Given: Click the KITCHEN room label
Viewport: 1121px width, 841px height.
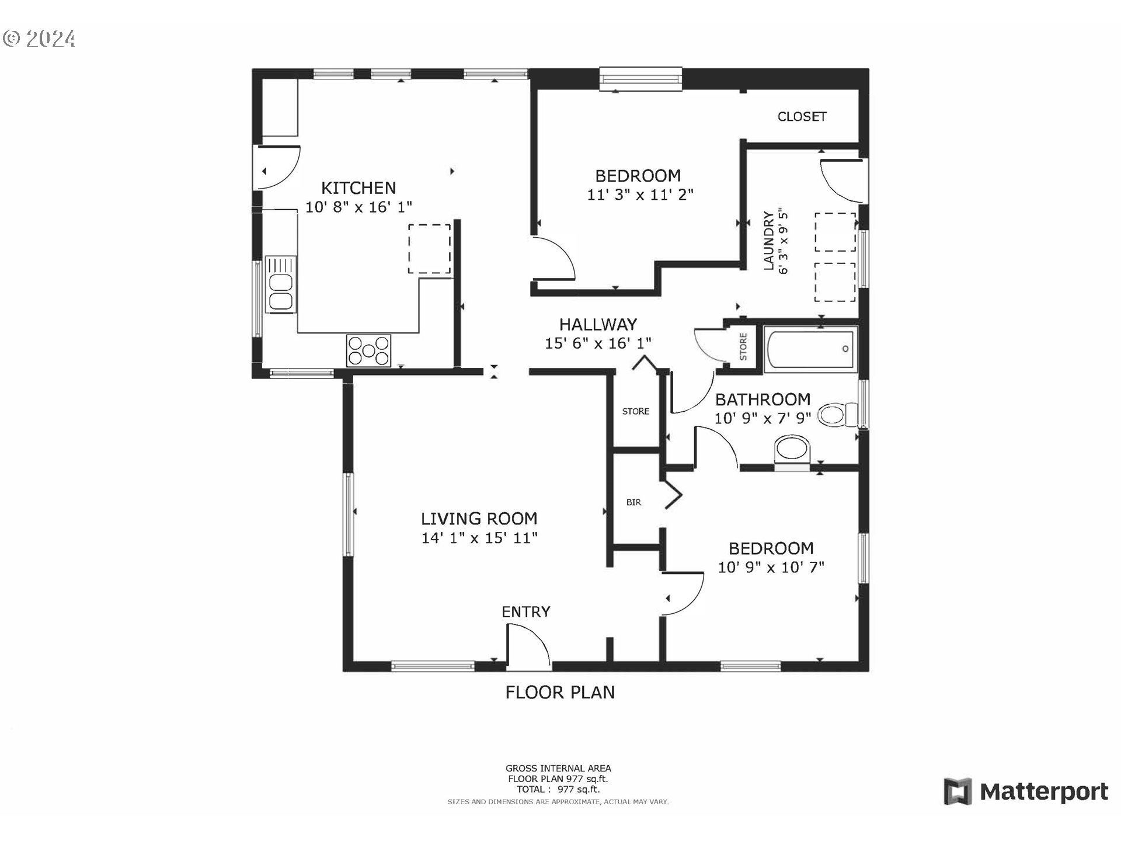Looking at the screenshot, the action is pos(358,188).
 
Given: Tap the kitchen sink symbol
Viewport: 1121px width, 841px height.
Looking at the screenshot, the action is pos(281,284).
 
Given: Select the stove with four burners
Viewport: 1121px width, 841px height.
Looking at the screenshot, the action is pos(368,350).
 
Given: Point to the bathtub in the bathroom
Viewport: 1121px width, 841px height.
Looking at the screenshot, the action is pos(810,349).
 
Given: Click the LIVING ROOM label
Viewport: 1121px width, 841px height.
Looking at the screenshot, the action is pos(479,519).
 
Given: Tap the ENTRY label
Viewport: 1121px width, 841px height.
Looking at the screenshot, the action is pos(526,611).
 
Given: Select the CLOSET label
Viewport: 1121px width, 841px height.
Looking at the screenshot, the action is pos(802,117).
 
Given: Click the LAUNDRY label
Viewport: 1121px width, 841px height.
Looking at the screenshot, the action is pos(768,241).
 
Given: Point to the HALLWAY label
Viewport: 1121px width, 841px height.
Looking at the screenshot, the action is pos(598,325).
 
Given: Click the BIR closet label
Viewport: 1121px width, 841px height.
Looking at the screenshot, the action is pos(633,502).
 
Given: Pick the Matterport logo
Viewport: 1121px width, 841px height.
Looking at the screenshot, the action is pos(1026,791).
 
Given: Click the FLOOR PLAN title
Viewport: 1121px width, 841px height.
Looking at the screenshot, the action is pos(560,692).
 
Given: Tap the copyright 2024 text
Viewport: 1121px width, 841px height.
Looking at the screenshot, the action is pos(39,39).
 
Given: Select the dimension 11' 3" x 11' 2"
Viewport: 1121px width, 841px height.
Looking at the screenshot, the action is pos(640,194).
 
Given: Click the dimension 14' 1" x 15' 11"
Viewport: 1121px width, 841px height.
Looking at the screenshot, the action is pos(479,538).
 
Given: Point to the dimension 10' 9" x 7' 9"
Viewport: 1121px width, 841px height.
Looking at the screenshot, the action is pos(763,418).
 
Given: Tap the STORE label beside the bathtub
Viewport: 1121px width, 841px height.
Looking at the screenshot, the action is pos(743,347).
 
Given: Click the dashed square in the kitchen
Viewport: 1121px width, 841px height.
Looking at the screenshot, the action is pos(429,249).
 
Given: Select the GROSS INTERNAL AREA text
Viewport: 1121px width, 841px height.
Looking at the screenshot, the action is pos(558,769).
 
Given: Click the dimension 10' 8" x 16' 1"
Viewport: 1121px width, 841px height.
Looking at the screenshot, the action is pos(358,207).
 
